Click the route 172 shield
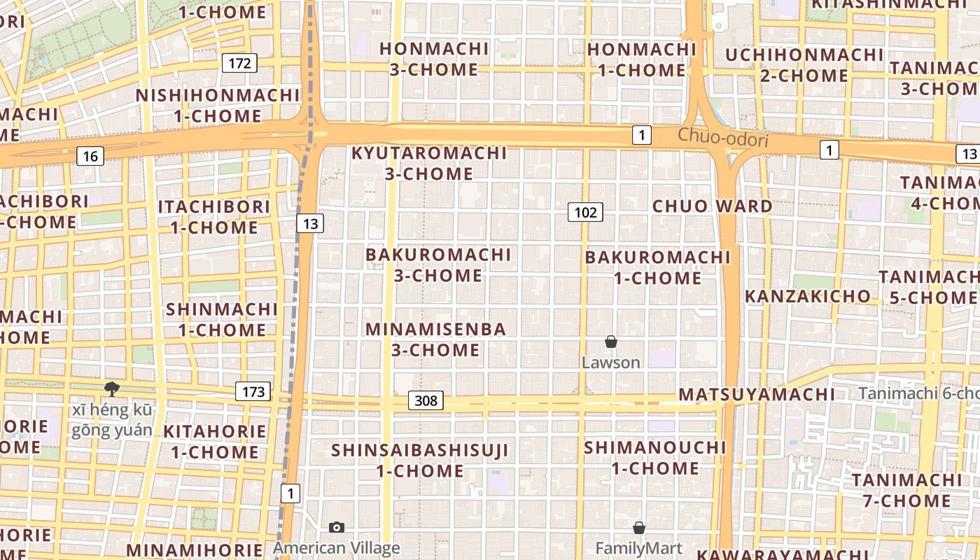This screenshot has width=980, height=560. pos(239,64)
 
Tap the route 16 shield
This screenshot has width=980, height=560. pos(90,156)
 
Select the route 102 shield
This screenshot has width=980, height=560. pos(585,212)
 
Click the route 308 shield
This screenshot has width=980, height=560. pos(426,400)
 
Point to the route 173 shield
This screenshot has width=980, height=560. pos(253,391)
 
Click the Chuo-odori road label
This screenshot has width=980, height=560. pos(722,139)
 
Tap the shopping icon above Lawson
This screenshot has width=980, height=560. pos(611,342)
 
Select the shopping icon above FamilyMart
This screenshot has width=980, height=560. pos(638,528)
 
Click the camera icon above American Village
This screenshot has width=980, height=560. pos(337,527)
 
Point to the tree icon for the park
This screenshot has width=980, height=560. pos(111,388)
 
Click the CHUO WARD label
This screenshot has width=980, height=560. pos(713,206)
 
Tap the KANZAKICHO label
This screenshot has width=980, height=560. pos(807,296)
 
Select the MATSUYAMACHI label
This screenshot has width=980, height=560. pos(757,394)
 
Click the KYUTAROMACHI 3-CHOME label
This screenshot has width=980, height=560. pos(428,163)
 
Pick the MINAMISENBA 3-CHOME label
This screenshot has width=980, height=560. pos(435,339)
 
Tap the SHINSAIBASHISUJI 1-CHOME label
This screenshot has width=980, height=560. pos(420,460)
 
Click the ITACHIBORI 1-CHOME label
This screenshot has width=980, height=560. pos(213,217)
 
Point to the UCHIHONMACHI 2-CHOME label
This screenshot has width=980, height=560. pos(804,65)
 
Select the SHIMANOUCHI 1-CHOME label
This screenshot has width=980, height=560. pos(655,458)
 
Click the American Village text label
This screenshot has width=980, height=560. pos(337,548)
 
